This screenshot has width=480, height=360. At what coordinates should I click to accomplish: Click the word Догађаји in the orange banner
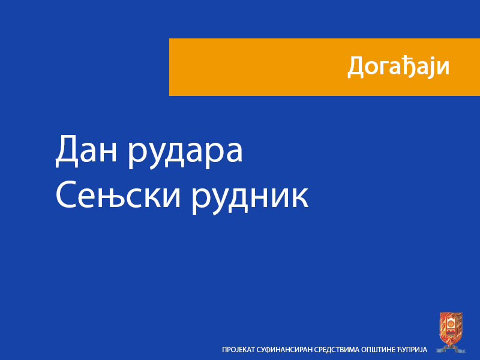(x=398, y=67)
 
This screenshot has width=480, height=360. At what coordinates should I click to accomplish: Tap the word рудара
(x=186, y=154)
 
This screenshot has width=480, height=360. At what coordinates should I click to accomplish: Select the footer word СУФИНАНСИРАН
(x=284, y=349)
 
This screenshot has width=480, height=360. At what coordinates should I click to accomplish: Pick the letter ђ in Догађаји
(x=407, y=67)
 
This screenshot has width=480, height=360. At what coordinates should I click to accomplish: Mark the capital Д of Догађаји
(x=356, y=67)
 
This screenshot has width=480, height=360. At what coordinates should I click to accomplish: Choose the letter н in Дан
(x=111, y=154)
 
